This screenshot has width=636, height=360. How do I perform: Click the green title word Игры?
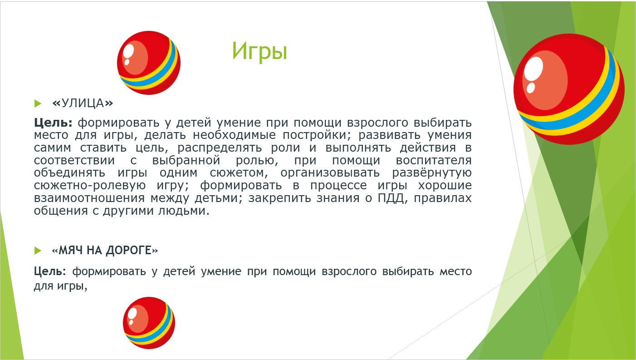259,51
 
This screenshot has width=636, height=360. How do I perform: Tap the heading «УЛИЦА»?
83,103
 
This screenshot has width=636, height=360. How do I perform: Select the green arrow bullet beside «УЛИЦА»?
38,104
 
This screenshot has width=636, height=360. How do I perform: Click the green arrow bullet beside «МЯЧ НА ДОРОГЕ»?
38,251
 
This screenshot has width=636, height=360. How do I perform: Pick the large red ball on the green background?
569,89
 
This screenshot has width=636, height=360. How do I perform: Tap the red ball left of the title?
149,63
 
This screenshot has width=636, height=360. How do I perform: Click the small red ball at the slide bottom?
149,323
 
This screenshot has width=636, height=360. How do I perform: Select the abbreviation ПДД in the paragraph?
391,198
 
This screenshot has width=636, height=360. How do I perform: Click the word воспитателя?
434,161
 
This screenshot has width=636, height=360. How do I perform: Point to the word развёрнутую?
431,173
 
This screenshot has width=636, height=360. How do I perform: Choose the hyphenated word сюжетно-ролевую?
90,186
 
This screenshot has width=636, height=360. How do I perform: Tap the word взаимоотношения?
89,198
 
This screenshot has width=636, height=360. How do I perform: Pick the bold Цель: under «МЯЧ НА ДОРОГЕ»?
50,271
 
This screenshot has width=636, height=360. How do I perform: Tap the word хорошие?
445,186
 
